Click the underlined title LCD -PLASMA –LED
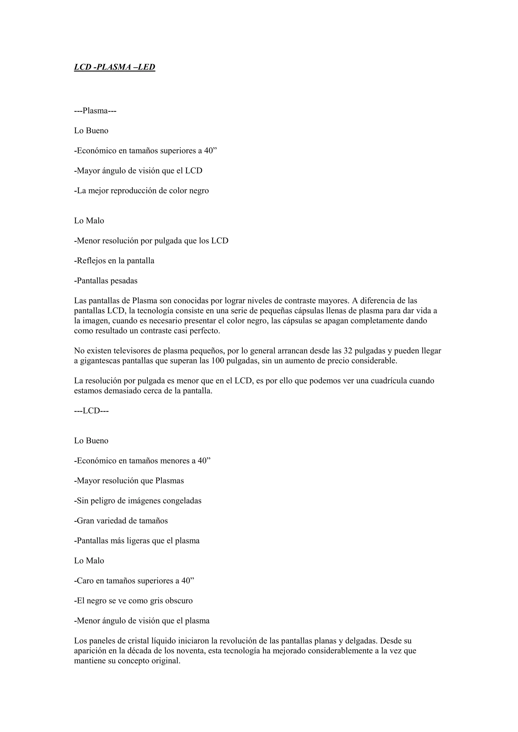tap(115, 67)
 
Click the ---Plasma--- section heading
tap(95, 111)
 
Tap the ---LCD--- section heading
tap(91, 411)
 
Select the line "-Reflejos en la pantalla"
tap(114, 261)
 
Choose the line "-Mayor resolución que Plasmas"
tap(129, 481)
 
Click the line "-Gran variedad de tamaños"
tap(121, 521)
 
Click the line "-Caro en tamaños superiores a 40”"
tap(134, 581)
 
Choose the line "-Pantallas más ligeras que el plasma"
tap(137, 541)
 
